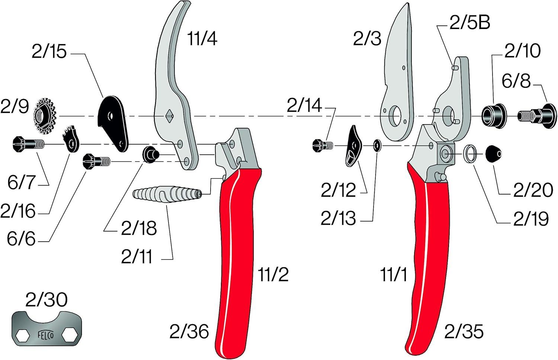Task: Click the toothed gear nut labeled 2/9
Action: point(45,116)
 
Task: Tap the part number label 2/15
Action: point(49,52)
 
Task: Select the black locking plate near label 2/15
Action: point(113,123)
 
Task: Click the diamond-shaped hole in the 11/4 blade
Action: point(169,116)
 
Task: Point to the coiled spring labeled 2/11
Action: point(167,194)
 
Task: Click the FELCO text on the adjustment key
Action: point(46,335)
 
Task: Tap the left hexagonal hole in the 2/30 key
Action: point(23,335)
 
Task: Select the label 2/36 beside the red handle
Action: point(189,332)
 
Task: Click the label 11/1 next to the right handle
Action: point(394,275)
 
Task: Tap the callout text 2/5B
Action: point(470,23)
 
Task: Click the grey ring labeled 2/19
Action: point(470,154)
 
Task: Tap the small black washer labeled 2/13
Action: point(376,145)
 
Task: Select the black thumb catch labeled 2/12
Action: point(354,146)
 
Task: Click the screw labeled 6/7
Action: point(28,144)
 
